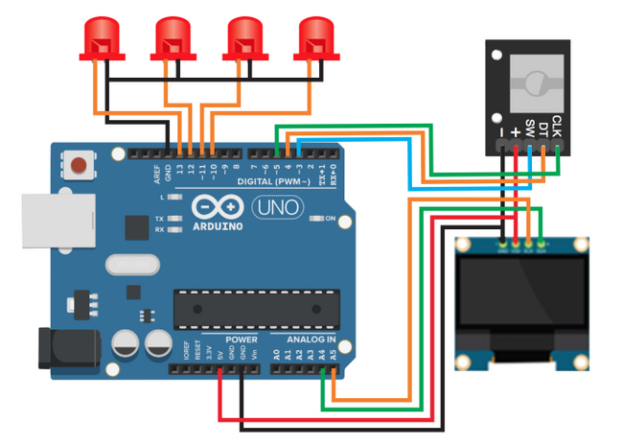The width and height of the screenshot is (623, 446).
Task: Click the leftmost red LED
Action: (100, 37)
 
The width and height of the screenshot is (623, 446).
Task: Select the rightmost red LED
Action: (313, 37)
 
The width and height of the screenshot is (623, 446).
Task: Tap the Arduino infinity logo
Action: (216, 208)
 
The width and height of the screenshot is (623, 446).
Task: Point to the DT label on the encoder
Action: (543, 126)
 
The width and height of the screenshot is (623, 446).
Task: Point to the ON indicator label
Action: (331, 220)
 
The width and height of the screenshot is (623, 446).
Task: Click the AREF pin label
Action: (156, 173)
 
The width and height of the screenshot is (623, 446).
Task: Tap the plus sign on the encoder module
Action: (516, 130)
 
